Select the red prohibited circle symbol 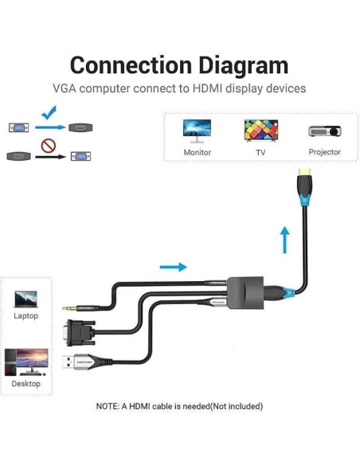click(x=49, y=147)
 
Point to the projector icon click(x=324, y=131)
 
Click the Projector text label click(x=324, y=152)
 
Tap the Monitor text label click(x=197, y=153)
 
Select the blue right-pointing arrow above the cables click(x=173, y=267)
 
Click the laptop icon click(x=25, y=299)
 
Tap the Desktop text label click(x=25, y=384)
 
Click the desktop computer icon click(x=25, y=361)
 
